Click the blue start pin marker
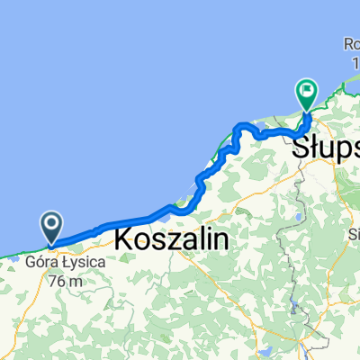pyautogui.click(x=51, y=226)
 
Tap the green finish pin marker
pyautogui.click(x=308, y=92)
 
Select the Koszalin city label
pyautogui.click(x=172, y=240)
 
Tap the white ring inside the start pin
pyautogui.click(x=51, y=222)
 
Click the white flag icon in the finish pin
pyautogui.click(x=308, y=88)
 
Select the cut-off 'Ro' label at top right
pyautogui.click(x=351, y=42)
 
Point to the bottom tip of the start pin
pyautogui.click(x=51, y=244)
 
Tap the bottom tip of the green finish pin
pyautogui.click(x=308, y=110)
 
